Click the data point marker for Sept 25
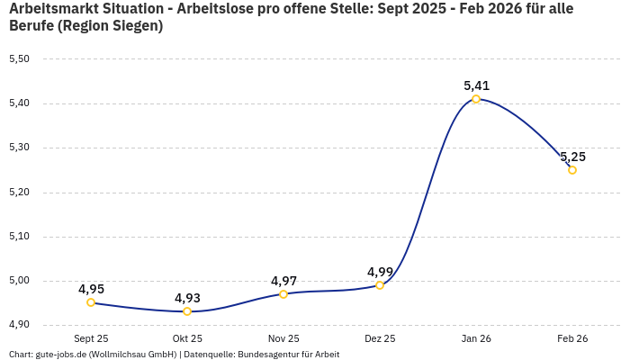coord(91,302)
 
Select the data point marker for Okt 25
coord(187,311)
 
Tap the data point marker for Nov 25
coord(283,294)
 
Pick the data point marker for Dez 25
coord(380,285)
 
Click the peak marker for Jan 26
coord(476,99)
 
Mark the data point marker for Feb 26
coord(572,170)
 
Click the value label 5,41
coord(476,85)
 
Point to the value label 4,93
coord(187,298)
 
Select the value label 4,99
coord(380,272)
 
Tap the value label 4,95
coord(91,289)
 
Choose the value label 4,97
coord(283,281)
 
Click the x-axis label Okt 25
coord(187,338)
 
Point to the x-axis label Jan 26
coord(476,338)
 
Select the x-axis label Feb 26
coord(572,338)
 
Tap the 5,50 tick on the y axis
coord(19,59)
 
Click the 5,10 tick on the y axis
coord(19,237)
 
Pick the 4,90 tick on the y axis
coord(19,325)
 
